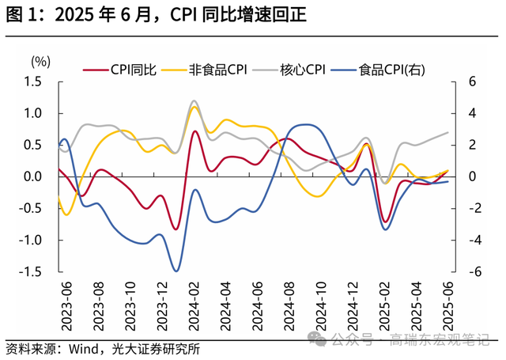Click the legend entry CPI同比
coord(126,70)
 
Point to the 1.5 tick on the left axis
coord(32,81)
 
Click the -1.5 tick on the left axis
coord(30,271)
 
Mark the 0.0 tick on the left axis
coord(32,176)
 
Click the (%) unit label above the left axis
coord(40,61)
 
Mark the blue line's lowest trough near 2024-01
coord(176,271)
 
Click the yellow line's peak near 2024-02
coord(194,107)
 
